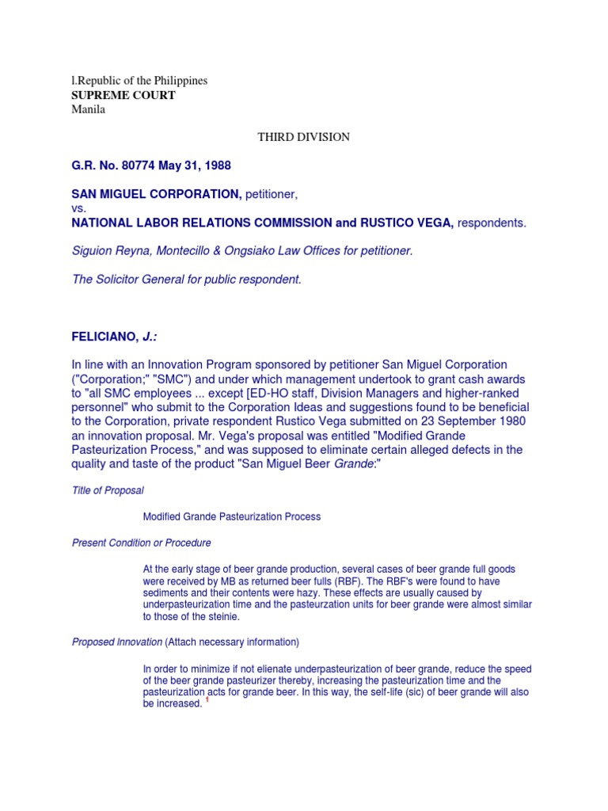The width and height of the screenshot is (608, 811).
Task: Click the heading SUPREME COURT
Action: coord(123,95)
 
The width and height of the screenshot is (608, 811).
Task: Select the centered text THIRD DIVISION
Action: coord(304,137)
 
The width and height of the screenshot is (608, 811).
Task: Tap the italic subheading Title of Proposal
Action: coord(108,491)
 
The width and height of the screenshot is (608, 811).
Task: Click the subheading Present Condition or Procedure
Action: coord(141,543)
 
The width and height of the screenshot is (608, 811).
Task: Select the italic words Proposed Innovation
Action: coord(116,642)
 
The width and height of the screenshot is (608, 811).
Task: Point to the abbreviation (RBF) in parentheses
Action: coord(325,581)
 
